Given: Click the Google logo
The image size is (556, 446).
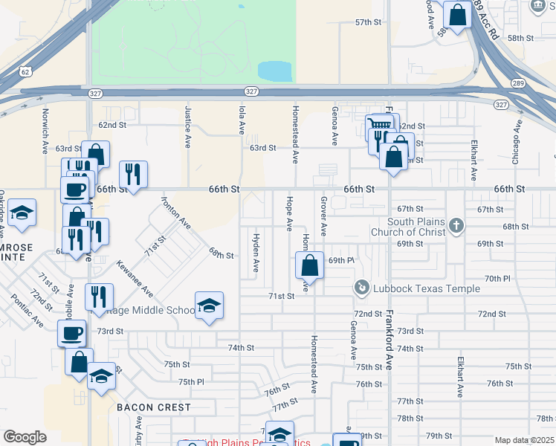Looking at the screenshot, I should pos(25,436).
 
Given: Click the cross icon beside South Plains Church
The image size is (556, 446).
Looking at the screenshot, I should pos(456,224).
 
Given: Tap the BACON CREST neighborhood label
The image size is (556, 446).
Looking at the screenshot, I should pos(154,407).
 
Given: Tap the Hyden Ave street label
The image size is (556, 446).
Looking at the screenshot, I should pos(256,253).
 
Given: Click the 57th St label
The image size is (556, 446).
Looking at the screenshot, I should pos(367,22).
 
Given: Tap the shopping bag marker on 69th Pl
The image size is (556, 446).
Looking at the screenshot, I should pos(309,265).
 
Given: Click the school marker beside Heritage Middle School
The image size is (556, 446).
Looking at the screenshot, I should pos(210,305).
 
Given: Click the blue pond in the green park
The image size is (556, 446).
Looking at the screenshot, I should pos(274,71).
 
